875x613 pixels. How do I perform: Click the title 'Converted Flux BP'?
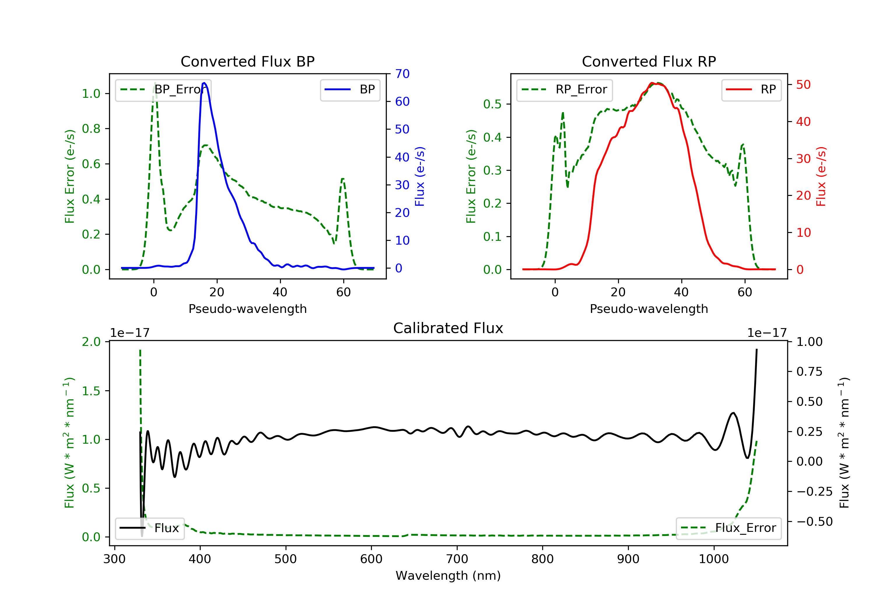coord(247,61)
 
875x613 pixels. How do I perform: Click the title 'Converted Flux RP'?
coord(649,61)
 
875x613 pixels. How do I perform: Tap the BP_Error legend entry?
coord(163,90)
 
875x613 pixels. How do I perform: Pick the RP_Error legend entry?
coord(564,90)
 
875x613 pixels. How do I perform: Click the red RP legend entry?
coord(751,90)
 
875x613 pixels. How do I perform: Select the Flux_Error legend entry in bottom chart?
coord(728,528)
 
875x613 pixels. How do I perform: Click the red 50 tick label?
coord(803,85)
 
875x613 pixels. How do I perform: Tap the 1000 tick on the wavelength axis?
coord(713,559)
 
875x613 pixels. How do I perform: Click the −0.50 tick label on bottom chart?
coord(814,521)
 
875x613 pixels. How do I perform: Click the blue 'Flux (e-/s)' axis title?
coord(420,176)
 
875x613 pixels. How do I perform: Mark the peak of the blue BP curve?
coord(204,83)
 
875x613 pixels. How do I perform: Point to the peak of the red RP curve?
coord(652,83)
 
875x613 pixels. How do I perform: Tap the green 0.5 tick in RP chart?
coord(492,104)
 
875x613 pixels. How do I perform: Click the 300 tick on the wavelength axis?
coord(114,559)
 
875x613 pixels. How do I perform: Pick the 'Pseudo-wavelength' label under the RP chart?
coord(649,309)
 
